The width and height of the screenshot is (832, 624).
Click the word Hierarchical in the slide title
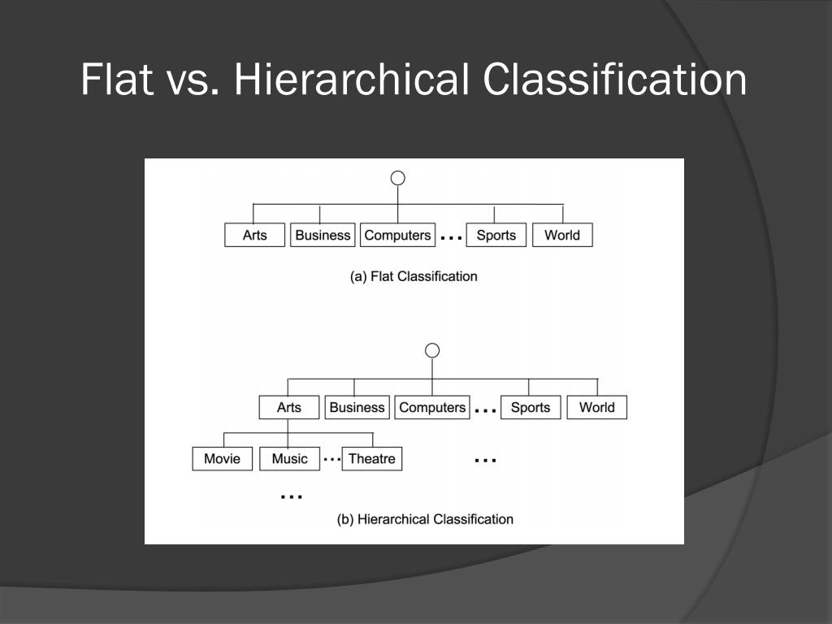coord(350,80)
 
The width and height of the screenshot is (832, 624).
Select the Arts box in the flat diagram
coord(255,235)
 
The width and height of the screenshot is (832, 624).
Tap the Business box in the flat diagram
coord(323,235)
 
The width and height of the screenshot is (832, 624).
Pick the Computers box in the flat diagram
coord(397,235)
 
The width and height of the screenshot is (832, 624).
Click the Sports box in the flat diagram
coord(496,235)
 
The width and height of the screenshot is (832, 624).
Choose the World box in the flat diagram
coord(562,235)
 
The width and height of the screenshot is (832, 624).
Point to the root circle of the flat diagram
coord(397,179)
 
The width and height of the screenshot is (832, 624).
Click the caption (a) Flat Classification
coord(414,276)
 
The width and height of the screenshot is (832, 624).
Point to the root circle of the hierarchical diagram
coord(432,350)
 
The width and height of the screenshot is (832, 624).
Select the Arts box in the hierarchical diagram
coord(289,407)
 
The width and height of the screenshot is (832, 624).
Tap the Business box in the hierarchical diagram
coord(357,407)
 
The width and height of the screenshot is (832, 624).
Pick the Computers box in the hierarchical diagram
coord(432,407)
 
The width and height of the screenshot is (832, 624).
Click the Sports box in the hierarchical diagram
coord(531,407)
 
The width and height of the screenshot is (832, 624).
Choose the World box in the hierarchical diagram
coord(596,407)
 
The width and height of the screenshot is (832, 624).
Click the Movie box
coord(223,458)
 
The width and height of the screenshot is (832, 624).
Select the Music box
coord(290,458)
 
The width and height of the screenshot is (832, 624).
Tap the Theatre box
coord(372,458)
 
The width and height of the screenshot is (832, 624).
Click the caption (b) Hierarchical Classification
coord(425,518)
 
